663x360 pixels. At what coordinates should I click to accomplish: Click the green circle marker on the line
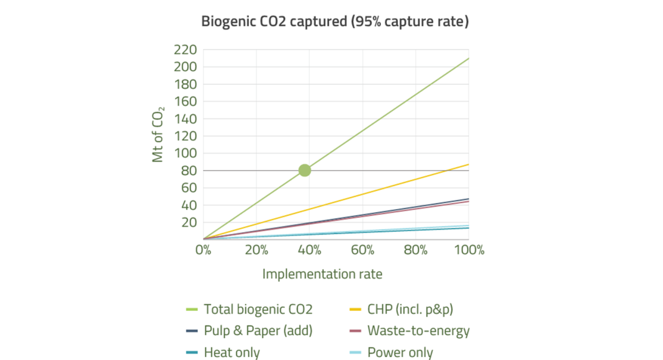pos(304,171)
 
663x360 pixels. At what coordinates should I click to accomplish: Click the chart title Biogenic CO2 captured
pos(335,22)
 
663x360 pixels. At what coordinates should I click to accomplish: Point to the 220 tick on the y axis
pos(186,50)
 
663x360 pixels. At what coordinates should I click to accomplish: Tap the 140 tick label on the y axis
pos(186,119)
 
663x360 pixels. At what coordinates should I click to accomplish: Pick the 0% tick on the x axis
pos(204,250)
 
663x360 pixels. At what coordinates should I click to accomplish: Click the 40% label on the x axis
pos(309,250)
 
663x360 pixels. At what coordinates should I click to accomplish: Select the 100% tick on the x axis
pos(468,250)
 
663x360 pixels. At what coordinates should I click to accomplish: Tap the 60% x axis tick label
pos(363,250)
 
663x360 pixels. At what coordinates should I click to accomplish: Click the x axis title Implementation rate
pos(322,274)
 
